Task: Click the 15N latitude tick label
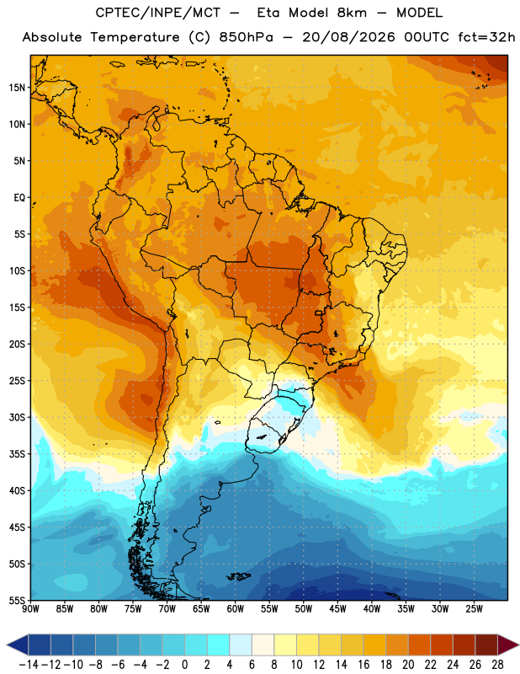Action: pos(17,88)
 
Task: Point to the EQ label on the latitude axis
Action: pos(19,198)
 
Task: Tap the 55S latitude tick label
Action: pos(17,600)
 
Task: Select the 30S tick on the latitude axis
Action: pos(17,417)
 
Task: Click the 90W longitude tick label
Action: pos(30,609)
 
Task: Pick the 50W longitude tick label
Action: pos(303,609)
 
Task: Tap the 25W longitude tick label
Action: pos(474,609)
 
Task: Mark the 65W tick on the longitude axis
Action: pos(201,609)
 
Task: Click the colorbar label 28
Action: pos(497,665)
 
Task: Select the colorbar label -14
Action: pos(29,665)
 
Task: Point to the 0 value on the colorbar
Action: pos(184,665)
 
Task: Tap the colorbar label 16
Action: pos(363,665)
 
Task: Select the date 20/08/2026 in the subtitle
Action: pos(348,37)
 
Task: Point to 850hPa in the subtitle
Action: pos(246,37)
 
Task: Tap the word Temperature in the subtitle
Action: pos(135,37)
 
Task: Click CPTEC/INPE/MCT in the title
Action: pos(158,13)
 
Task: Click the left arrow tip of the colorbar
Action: pos(8,645)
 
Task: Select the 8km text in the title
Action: pos(352,13)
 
